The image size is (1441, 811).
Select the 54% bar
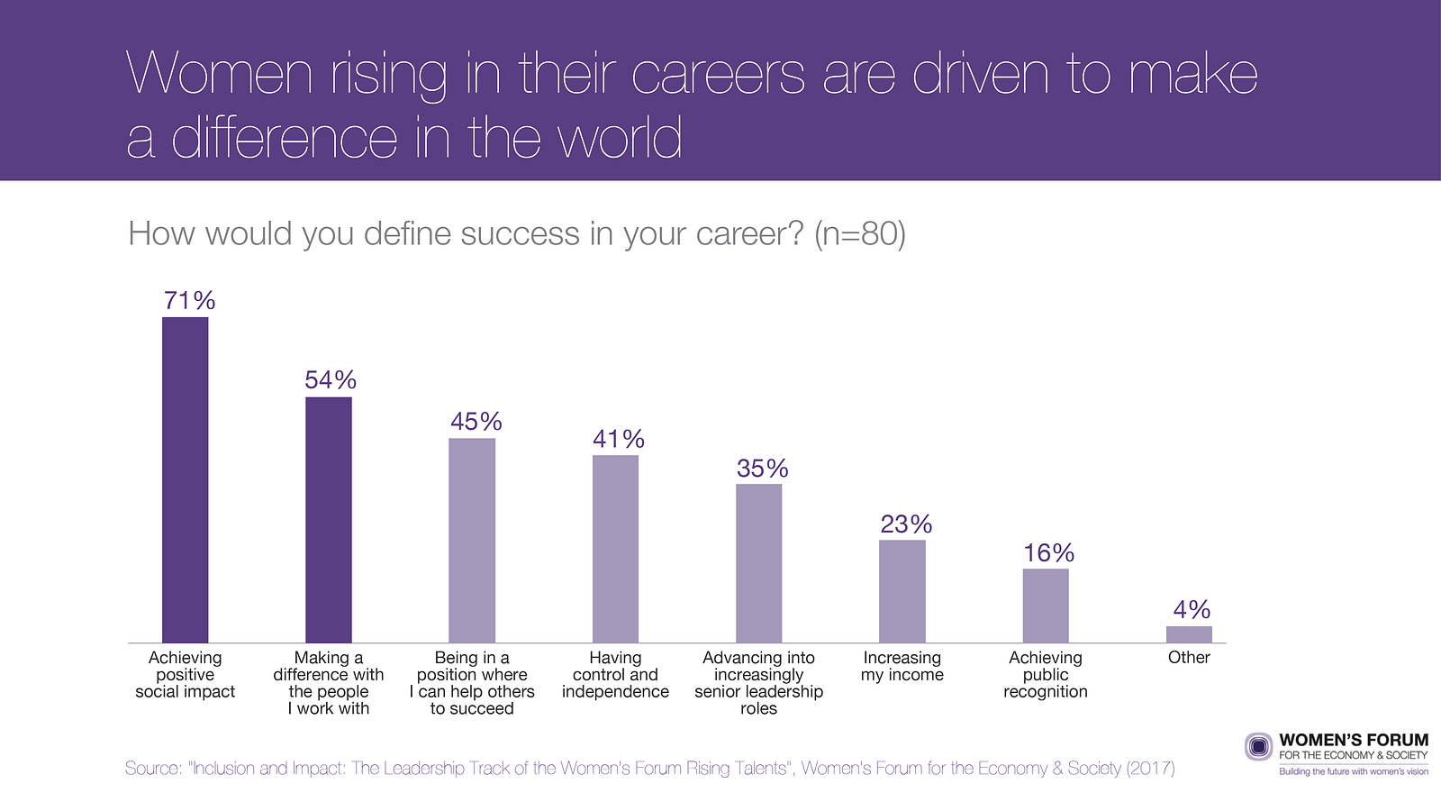329,520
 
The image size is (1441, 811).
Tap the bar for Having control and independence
615,549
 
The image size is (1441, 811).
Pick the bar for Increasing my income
902,591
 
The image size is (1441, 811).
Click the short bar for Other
1189,634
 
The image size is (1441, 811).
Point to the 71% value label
189,301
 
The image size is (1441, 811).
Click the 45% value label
476,422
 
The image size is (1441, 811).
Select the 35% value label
763,469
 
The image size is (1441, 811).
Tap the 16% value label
1049,553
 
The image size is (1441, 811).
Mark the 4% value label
1192,610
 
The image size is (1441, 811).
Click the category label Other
1189,658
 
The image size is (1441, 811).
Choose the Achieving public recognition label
1046,675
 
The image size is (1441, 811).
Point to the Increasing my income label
902,667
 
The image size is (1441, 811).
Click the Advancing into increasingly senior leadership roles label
758,683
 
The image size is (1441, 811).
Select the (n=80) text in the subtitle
859,234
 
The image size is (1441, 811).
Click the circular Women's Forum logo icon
1259,747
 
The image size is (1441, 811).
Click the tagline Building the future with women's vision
1354,771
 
